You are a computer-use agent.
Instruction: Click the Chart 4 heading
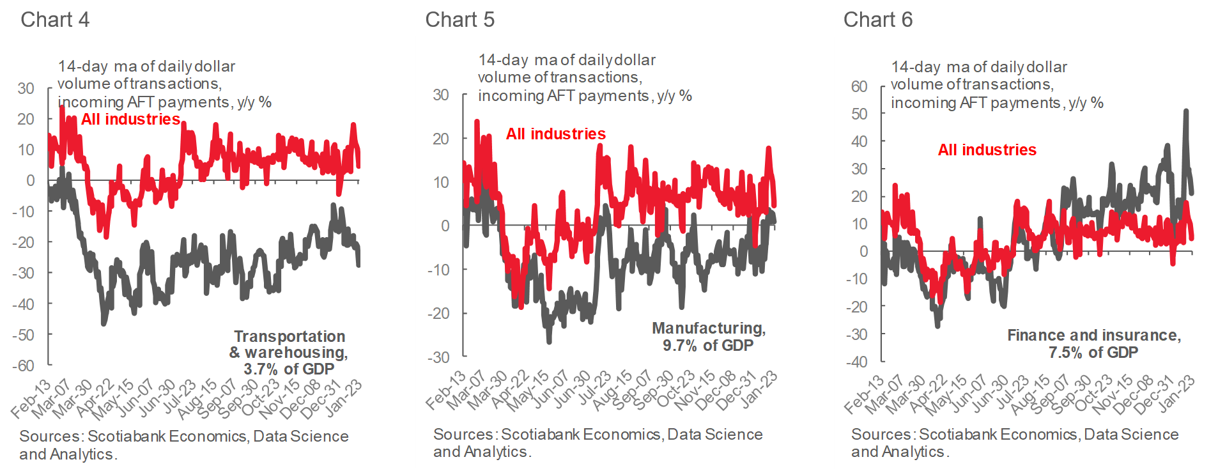(55, 20)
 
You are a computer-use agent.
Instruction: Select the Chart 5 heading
(459, 20)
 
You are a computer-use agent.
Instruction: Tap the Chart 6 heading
(877, 20)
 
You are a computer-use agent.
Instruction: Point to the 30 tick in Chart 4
(26, 88)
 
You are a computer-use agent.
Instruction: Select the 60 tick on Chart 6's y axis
(859, 86)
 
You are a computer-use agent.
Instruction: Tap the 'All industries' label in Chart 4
(130, 120)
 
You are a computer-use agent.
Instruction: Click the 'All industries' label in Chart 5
(555, 134)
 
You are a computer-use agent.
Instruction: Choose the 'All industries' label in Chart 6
(987, 150)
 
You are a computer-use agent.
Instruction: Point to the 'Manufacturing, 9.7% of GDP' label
(708, 337)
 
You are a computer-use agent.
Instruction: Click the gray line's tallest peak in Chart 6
(1186, 111)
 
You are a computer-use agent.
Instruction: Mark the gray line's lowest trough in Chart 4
(104, 323)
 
